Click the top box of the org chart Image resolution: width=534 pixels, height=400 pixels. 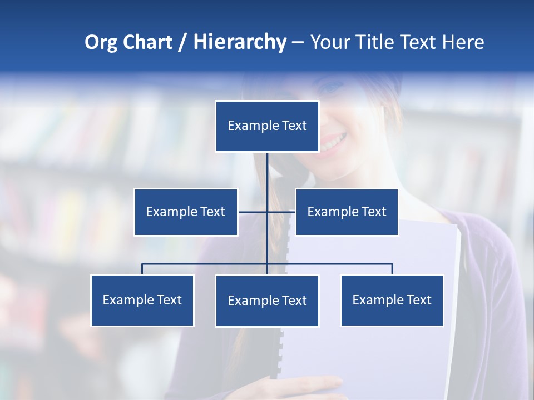[267, 126]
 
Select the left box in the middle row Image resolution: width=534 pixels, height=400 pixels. [186, 212]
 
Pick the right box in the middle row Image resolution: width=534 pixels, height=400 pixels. [347, 212]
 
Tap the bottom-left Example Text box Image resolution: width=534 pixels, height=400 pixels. [142, 300]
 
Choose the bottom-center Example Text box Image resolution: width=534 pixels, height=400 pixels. [267, 301]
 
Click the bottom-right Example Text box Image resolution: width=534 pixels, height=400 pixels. [392, 300]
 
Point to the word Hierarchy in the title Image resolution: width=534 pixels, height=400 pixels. [239, 42]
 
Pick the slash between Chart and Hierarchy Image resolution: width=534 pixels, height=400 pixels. [182, 43]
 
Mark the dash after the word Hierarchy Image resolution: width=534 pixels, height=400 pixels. [298, 43]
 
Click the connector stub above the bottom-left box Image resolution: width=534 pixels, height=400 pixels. [142, 269]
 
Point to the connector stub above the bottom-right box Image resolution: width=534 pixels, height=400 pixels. [392, 269]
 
